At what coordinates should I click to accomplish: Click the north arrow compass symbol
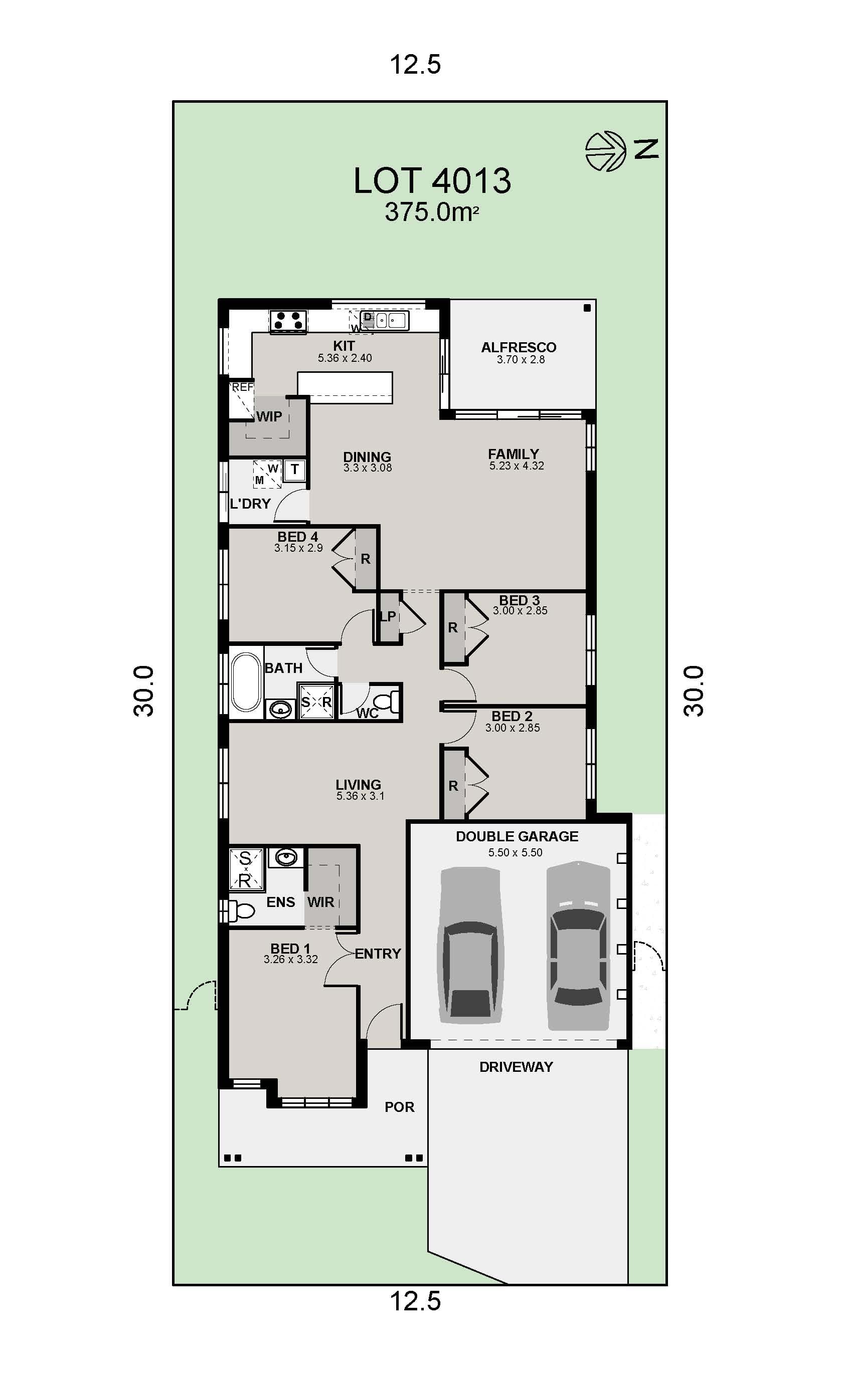pyautogui.click(x=605, y=151)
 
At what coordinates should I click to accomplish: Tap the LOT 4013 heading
pyautogui.click(x=432, y=180)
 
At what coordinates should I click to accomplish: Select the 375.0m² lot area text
pyautogui.click(x=431, y=212)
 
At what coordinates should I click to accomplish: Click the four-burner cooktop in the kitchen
pyautogui.click(x=288, y=321)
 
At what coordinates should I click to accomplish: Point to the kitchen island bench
pyautogui.click(x=345, y=386)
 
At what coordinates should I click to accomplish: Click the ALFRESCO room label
pyautogui.click(x=518, y=347)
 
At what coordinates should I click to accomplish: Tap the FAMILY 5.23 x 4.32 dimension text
pyautogui.click(x=516, y=466)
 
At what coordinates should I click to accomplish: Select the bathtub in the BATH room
pyautogui.click(x=246, y=681)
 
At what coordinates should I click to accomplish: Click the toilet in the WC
pyautogui.click(x=386, y=702)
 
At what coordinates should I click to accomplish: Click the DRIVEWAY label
pyautogui.click(x=516, y=1067)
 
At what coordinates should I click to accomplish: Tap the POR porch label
pyautogui.click(x=399, y=1107)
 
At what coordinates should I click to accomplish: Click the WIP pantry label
pyautogui.click(x=269, y=416)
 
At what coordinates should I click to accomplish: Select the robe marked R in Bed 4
pyautogui.click(x=365, y=559)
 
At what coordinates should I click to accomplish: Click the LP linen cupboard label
pyautogui.click(x=388, y=616)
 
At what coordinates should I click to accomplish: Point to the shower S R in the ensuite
pyautogui.click(x=246, y=869)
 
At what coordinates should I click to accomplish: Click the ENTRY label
pyautogui.click(x=378, y=954)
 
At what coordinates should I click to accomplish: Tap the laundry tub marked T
pyautogui.click(x=294, y=470)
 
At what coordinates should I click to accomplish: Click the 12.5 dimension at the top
pyautogui.click(x=415, y=65)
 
